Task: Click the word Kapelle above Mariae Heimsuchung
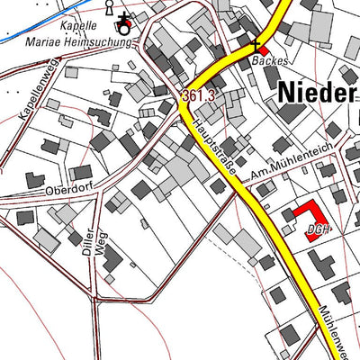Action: [x=79, y=25]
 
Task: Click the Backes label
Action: [x=268, y=60]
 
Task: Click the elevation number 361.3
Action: [x=199, y=95]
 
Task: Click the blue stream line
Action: [x=36, y=31]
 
